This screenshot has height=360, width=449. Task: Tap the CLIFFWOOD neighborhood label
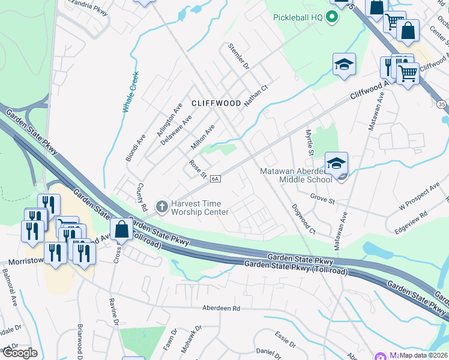[x=216, y=103]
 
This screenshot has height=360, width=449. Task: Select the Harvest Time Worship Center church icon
[x=161, y=207]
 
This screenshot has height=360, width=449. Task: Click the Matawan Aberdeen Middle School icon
[x=337, y=164]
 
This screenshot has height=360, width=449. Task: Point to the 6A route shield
[x=216, y=178]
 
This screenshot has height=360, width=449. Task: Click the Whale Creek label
[x=130, y=92]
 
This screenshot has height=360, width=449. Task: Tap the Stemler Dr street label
[x=238, y=56]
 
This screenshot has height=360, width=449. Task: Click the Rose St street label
[x=197, y=169]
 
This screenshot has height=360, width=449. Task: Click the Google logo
[x=20, y=353]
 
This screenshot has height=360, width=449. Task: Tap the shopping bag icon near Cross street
[x=121, y=230]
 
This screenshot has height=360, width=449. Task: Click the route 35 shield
[x=441, y=104]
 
